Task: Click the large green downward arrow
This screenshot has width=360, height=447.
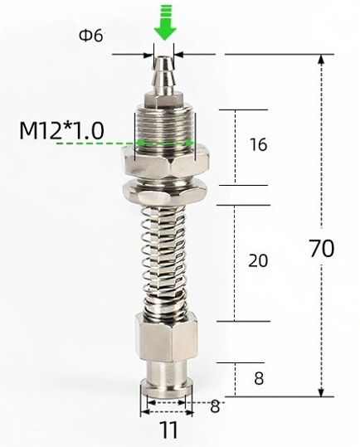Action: click(165, 22)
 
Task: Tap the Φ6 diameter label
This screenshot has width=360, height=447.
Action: click(90, 36)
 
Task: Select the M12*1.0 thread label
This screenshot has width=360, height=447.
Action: click(61, 130)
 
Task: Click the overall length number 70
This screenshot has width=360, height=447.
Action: click(322, 248)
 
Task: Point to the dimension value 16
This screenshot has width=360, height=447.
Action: click(258, 144)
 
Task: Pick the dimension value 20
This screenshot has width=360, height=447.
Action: click(258, 260)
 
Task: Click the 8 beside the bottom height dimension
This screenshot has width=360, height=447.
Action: click(259, 379)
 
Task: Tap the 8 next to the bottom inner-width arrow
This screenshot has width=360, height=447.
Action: click(215, 406)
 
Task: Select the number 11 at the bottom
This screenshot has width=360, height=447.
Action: click(168, 430)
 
